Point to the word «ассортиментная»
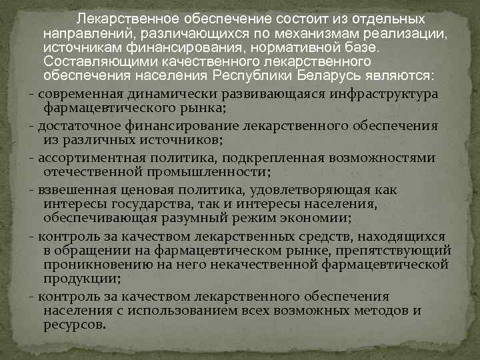pyautogui.click(x=84, y=157)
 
